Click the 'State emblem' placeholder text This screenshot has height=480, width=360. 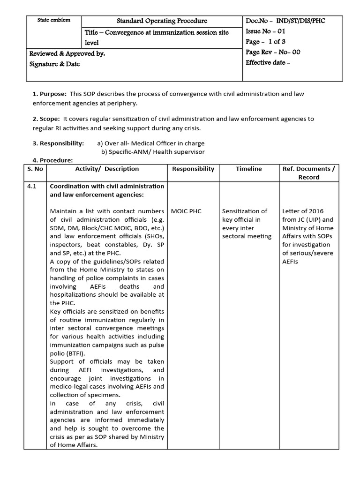tap(54, 20)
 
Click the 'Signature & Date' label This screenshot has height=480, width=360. tap(54, 64)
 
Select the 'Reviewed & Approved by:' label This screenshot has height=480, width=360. tap(67, 54)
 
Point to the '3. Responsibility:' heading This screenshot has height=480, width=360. tap(58, 143)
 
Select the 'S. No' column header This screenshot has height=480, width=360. tap(37, 169)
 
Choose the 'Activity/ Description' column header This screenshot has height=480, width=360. tap(107, 169)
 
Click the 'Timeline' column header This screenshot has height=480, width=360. tap(248, 169)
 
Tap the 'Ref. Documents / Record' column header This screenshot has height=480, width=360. tap(308, 173)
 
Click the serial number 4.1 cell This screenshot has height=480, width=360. tap(31, 186)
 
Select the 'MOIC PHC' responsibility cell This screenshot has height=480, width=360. tap(187, 211)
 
